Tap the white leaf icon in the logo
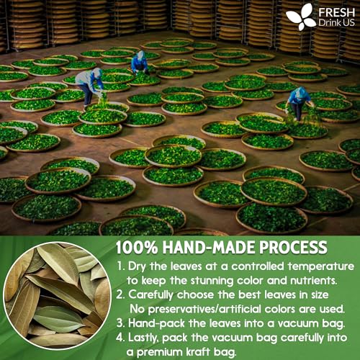(300, 17)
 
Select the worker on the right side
(297, 102)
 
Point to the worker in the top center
(139, 63)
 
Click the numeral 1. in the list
(120, 266)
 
